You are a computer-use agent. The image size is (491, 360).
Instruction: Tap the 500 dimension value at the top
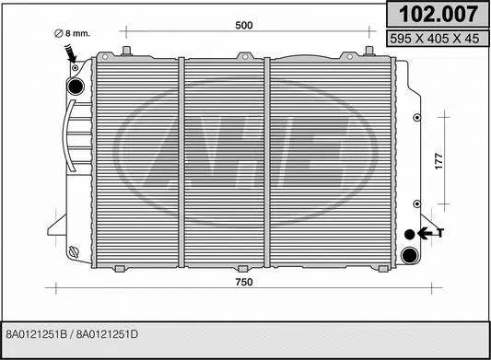[x=243, y=26]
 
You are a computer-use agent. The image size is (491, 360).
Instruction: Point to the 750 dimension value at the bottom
[x=243, y=282]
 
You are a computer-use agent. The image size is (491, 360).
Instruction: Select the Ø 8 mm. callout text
[x=73, y=33]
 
